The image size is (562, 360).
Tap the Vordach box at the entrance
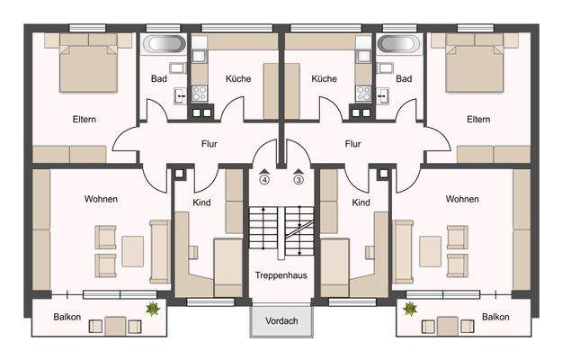(x=281, y=319)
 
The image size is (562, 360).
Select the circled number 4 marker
(x=264, y=179)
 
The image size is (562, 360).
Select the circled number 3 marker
(x=298, y=179)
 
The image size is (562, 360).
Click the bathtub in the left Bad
(x=163, y=44)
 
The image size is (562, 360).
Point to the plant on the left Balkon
(x=154, y=309)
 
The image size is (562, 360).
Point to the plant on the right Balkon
(x=410, y=309)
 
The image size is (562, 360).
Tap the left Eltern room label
(x=85, y=119)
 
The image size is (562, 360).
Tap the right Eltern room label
(x=477, y=119)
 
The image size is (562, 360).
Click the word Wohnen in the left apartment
(x=101, y=199)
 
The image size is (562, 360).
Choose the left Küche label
(x=238, y=79)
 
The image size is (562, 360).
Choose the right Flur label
(x=352, y=143)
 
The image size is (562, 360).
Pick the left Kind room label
(x=201, y=203)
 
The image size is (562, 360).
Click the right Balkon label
(x=495, y=317)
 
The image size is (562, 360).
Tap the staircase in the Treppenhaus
(x=281, y=229)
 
